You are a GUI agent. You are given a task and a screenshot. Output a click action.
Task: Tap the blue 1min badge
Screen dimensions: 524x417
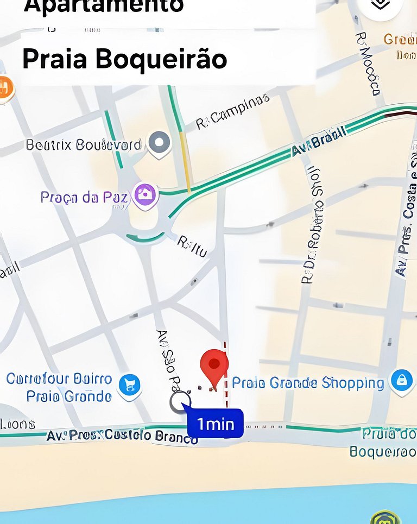tap(216, 424)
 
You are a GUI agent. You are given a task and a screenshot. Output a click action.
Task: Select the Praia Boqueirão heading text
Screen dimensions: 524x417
tap(124, 59)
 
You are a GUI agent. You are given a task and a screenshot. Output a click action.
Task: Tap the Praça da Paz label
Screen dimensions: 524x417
tap(84, 197)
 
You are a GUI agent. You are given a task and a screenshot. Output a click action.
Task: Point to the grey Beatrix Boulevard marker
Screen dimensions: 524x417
tap(159, 143)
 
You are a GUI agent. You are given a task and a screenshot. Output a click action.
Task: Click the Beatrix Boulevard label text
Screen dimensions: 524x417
tap(84, 145)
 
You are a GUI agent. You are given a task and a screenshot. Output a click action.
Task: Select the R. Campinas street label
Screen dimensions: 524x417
tap(232, 112)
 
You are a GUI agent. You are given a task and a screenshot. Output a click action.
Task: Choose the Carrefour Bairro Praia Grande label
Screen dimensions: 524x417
tap(59, 387)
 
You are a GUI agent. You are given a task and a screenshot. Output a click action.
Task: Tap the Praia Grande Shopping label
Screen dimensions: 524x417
tap(308, 383)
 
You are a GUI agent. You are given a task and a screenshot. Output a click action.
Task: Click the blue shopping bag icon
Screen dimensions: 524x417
tap(401, 380)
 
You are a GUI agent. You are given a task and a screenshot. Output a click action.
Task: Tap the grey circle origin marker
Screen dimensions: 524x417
tap(180, 402)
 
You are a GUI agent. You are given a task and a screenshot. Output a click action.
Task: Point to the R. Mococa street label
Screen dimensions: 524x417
tap(367, 63)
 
